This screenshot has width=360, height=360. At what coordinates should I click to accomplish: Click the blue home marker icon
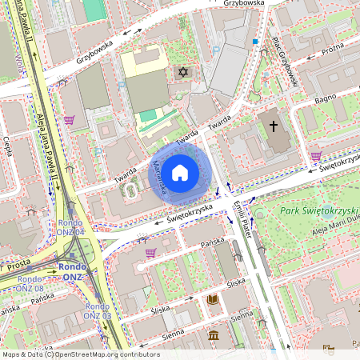(180, 172)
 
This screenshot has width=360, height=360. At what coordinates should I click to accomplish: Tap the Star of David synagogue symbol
(182, 73)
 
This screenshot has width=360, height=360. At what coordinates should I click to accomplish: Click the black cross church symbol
(273, 126)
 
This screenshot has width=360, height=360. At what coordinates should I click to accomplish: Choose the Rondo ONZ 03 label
(97, 311)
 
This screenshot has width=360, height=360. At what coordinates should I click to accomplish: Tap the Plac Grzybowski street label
(286, 62)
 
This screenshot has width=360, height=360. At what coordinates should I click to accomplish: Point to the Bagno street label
(326, 99)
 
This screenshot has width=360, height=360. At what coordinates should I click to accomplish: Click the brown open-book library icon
(213, 300)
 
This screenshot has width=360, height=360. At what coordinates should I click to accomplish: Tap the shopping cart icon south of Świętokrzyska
(150, 253)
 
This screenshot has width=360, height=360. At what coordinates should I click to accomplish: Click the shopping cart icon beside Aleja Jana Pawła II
(70, 120)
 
